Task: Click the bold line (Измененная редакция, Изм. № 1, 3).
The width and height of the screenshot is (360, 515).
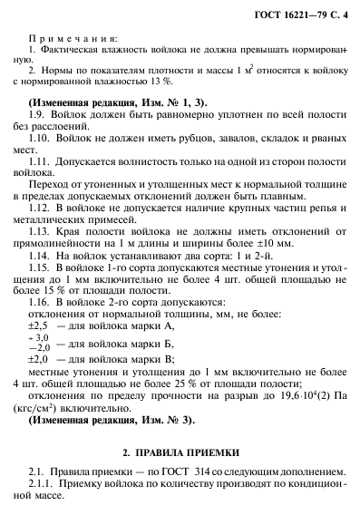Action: click(109, 102)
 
